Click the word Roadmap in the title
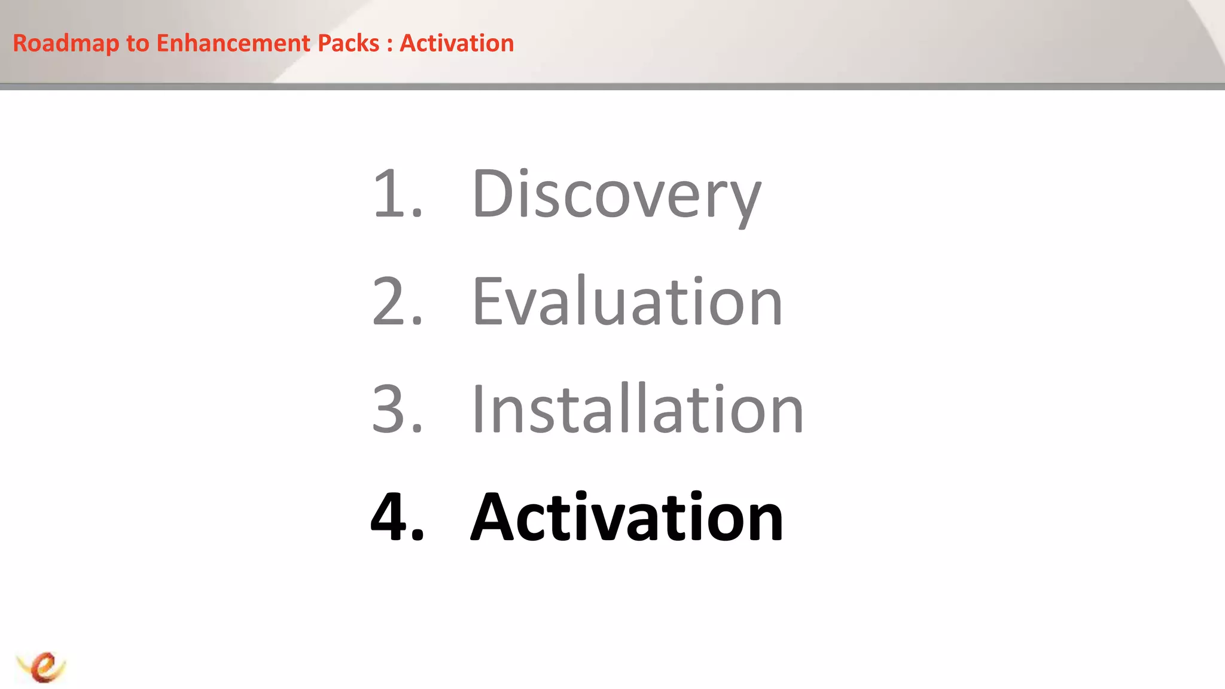click(66, 44)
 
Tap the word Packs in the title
click(348, 44)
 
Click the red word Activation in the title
click(456, 44)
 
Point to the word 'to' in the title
click(138, 44)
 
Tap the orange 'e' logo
click(42, 666)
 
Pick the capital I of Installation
click(478, 409)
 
